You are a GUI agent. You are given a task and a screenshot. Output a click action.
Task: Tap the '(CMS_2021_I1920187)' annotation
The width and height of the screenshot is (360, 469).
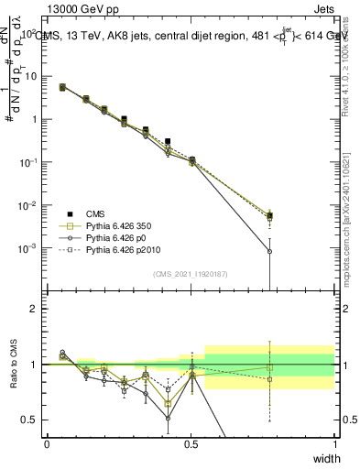[x=191, y=274]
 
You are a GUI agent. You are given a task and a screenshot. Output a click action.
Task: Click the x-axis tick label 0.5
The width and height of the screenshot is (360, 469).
[x=191, y=444]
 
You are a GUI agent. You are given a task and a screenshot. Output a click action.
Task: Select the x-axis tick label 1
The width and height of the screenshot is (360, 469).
[x=335, y=444]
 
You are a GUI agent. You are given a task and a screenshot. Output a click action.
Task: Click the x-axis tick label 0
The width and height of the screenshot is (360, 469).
[x=47, y=444]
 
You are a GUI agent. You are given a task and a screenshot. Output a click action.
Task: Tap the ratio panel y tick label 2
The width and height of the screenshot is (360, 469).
[x=31, y=309]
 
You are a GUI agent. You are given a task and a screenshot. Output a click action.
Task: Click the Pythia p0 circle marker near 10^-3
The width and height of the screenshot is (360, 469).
[x=269, y=251]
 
